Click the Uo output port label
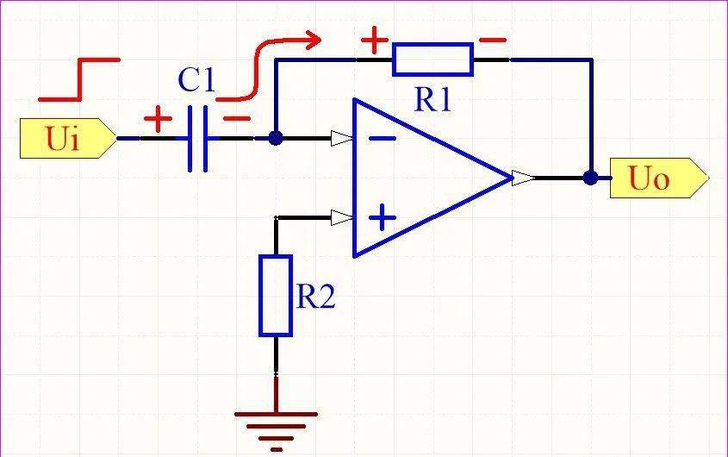(x=659, y=178)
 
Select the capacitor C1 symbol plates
(x=198, y=139)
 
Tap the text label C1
(x=196, y=79)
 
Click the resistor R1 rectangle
(x=432, y=59)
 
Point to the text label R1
(x=432, y=99)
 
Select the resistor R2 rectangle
(x=276, y=295)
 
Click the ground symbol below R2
(x=277, y=431)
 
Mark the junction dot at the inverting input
(x=276, y=138)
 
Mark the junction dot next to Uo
(x=590, y=178)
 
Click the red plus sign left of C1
(x=158, y=119)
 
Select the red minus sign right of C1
(x=237, y=118)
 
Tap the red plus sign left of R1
(x=375, y=40)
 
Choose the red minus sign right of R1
(x=493, y=40)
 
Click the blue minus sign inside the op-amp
(x=383, y=138)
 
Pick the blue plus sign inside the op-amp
(x=383, y=217)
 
